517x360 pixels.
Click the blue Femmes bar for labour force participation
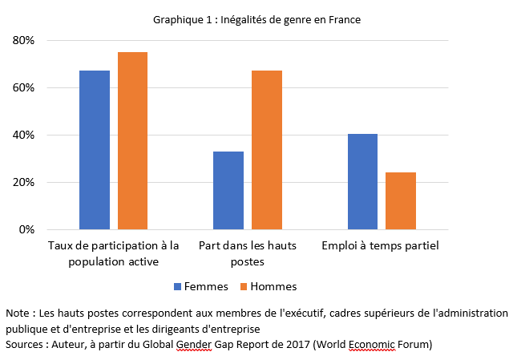coord(95,150)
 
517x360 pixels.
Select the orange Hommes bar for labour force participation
coord(132,141)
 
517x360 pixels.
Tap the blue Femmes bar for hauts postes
coord(228,190)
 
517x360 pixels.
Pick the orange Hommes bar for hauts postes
coord(267,150)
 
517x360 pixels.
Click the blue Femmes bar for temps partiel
coord(362,181)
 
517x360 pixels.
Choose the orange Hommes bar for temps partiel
coord(401,200)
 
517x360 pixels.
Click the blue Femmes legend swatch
coord(178,286)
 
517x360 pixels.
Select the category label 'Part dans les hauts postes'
coord(248,253)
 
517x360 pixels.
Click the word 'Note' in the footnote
coord(17,312)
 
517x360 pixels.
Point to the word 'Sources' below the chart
coord(25,344)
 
